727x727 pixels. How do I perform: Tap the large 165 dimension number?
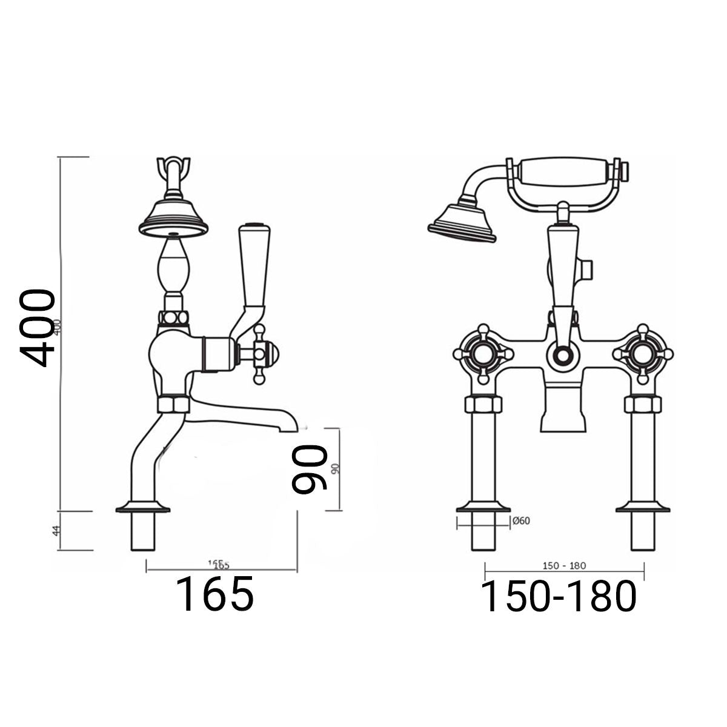click(214, 594)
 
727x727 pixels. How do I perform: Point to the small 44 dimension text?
click(56, 531)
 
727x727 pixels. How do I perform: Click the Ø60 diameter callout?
click(521, 520)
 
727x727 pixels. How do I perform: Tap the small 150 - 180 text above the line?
click(563, 566)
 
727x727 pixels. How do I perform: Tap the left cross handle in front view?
click(481, 354)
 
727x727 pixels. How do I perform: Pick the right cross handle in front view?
click(644, 354)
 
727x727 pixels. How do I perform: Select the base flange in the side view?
click(142, 506)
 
